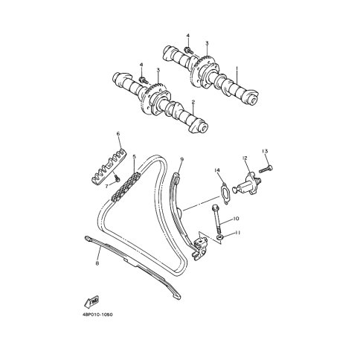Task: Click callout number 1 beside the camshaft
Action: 237,68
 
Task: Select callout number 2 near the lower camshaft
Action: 193,102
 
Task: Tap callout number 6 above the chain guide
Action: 118,134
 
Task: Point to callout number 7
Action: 107,186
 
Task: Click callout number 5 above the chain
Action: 135,156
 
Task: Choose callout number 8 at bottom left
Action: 97,263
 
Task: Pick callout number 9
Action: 181,159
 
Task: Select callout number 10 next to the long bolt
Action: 235,219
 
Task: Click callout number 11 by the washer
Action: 238,233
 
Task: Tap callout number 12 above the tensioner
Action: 245,158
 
